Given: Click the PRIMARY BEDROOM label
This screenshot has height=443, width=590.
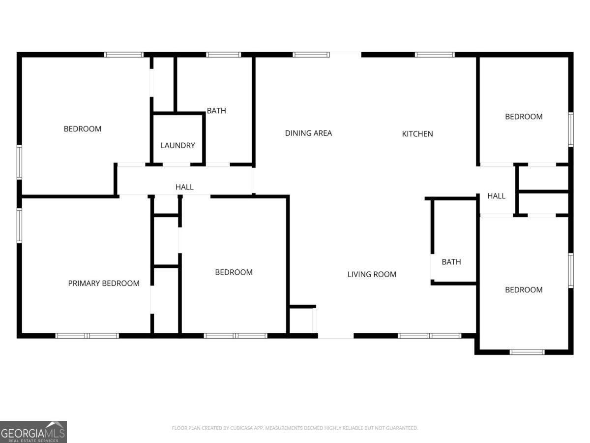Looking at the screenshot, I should [103, 283].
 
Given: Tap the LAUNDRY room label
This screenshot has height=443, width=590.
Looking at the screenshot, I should [177, 145].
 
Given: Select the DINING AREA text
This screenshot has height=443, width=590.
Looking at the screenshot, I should [308, 133].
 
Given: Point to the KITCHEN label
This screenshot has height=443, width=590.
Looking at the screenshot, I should [417, 133].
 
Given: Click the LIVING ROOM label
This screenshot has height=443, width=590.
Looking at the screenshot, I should [372, 274].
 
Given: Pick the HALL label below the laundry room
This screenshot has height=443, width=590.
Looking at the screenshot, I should [184, 187].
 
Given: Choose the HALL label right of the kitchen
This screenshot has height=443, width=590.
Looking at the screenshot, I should [496, 196].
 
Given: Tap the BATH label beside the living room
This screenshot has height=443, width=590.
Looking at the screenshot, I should [451, 262].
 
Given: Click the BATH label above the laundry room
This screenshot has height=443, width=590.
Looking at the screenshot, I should [216, 111].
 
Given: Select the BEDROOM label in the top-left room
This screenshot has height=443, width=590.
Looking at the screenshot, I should [83, 129].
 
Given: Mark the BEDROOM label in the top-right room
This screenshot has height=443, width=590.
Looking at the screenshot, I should [524, 117].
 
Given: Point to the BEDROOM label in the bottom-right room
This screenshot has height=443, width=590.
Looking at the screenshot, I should [524, 289].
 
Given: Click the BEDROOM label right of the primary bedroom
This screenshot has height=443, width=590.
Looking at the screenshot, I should [234, 272].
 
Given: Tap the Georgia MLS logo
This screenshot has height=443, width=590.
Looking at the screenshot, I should [33, 432].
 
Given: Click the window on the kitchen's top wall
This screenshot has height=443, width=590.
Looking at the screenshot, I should [435, 55].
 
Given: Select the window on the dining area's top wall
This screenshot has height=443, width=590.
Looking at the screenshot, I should [311, 55].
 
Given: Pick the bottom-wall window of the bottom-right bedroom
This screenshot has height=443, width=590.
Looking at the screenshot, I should [527, 352].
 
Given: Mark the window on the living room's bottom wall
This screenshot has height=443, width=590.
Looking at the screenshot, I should [429, 336].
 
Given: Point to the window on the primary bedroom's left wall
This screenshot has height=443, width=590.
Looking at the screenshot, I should [20, 225].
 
